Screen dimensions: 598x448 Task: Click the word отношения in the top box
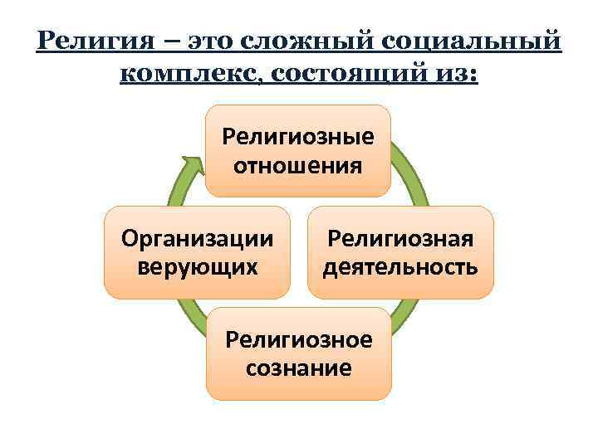click(297, 165)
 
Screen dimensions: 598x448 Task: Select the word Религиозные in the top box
click(297, 136)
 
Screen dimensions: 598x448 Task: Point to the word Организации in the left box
click(197, 239)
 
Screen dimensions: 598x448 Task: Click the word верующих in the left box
click(197, 267)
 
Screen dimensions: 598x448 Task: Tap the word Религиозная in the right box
click(400, 239)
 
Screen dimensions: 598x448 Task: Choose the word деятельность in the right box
click(400, 267)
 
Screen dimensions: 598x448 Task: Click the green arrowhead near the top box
click(194, 163)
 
